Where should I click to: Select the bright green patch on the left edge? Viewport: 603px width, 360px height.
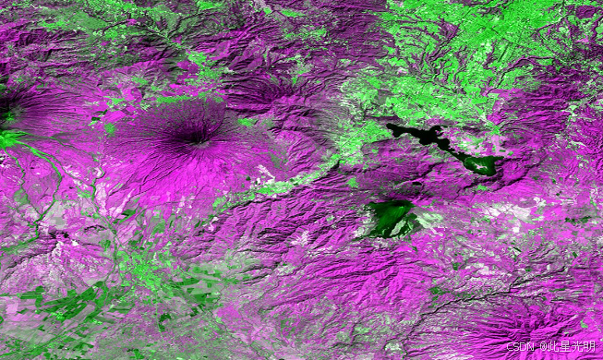[9, 139]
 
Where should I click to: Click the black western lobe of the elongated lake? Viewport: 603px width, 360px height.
[406, 133]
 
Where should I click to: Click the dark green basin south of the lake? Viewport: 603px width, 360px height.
[388, 218]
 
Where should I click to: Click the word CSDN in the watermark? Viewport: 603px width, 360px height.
[521, 347]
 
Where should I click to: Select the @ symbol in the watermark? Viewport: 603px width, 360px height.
[542, 347]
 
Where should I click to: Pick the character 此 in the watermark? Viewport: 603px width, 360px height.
[554, 347]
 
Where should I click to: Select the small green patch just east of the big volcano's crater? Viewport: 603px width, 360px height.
[246, 121]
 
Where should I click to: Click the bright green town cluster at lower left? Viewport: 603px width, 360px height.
[148, 268]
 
